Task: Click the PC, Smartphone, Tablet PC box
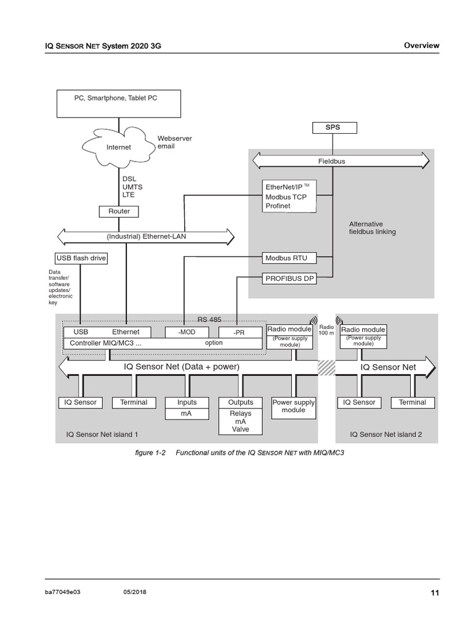pos(119,103)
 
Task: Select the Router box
pos(119,211)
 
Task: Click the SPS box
pos(333,128)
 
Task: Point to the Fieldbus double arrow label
pos(331,161)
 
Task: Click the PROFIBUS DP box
pos(289,279)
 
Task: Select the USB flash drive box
pos(81,258)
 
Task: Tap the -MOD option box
pos(183,332)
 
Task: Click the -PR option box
pos(239,332)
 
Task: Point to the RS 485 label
pos(209,319)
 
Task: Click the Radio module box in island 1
pos(289,330)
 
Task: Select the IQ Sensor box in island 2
pos(358,402)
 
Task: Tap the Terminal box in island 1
pos(134,402)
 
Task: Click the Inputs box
pos(187,402)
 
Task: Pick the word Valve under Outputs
pos(240,429)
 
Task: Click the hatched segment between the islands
pos(326,367)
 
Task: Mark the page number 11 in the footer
pos(435,593)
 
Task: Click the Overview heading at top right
pos(421,46)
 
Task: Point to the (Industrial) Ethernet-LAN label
pos(145,235)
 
